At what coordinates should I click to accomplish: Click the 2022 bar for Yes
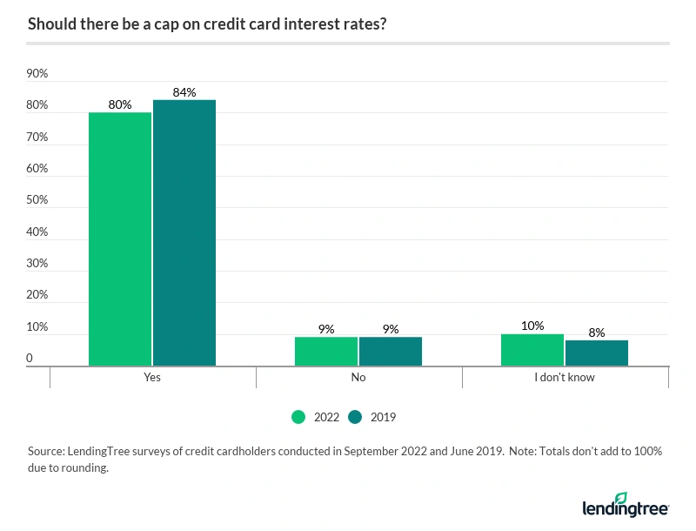pyautogui.click(x=120, y=239)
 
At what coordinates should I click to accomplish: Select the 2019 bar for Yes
pyautogui.click(x=184, y=232)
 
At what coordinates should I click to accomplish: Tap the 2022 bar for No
pyautogui.click(x=326, y=352)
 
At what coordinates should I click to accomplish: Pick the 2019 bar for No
pyautogui.click(x=391, y=352)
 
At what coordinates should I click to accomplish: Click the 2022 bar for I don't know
pyautogui.click(x=532, y=350)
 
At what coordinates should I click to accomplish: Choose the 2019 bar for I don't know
pyautogui.click(x=597, y=353)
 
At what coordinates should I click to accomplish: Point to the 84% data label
pyautogui.click(x=184, y=92)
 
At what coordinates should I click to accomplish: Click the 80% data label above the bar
pyautogui.click(x=120, y=104)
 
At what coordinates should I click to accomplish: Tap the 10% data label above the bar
pyautogui.click(x=532, y=326)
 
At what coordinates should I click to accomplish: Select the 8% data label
pyautogui.click(x=597, y=332)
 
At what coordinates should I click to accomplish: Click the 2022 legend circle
pyautogui.click(x=298, y=417)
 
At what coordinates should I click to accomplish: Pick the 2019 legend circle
pyautogui.click(x=356, y=417)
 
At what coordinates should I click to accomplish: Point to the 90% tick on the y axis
pyautogui.click(x=37, y=74)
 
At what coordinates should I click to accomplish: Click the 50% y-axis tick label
pyautogui.click(x=37, y=200)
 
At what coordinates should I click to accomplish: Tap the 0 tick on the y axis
pyautogui.click(x=30, y=358)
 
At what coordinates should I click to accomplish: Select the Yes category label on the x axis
pyautogui.click(x=152, y=378)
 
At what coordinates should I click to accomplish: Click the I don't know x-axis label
pyautogui.click(x=565, y=378)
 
